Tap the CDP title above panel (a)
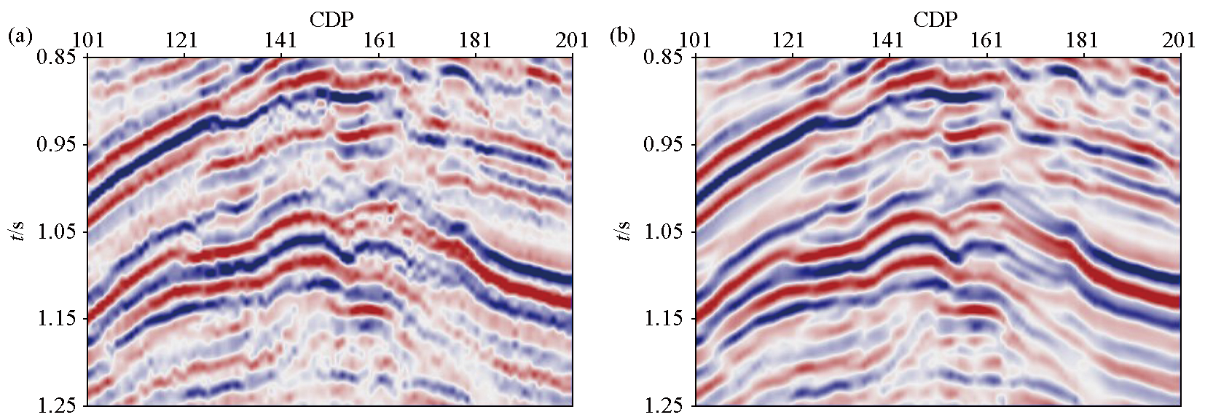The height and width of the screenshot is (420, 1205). point(332,19)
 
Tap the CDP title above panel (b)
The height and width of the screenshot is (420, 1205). point(935,19)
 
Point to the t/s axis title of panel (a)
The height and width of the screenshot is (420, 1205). point(21,231)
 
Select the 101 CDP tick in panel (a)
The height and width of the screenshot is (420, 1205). point(88,39)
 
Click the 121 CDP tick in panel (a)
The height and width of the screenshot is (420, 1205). point(182,39)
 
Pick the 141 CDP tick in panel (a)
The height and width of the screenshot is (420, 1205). point(281,39)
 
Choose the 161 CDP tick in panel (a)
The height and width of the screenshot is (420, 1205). point(379,39)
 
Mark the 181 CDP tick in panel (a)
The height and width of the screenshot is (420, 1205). point(475,39)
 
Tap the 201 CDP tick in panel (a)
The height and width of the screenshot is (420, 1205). point(573,39)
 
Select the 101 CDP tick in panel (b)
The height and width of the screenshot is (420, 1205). point(696,39)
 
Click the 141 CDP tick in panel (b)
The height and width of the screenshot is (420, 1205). point(887,39)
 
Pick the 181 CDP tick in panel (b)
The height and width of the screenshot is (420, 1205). point(1082,39)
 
